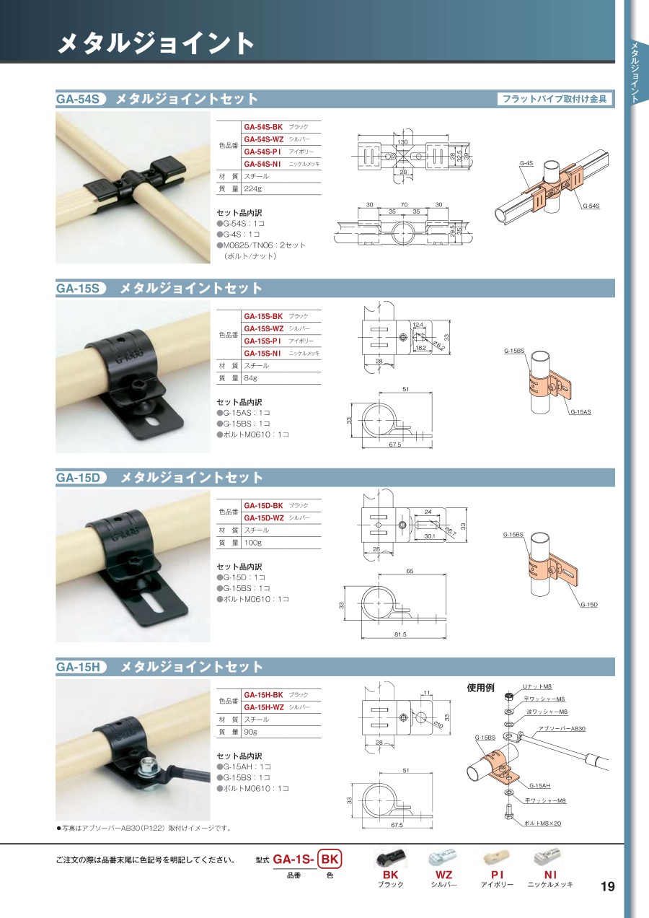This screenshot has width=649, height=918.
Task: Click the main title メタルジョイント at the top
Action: click(x=156, y=43)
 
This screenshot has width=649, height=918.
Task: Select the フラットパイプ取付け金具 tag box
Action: click(x=555, y=99)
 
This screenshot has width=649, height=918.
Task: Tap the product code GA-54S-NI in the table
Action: click(x=262, y=164)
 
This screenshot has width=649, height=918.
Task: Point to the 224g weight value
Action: click(x=252, y=188)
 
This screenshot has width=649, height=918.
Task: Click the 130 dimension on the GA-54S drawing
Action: click(x=402, y=141)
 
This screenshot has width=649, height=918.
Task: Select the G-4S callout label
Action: click(x=526, y=163)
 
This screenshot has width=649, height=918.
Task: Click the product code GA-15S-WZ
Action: click(x=264, y=328)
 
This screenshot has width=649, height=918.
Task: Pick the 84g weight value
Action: click(x=251, y=378)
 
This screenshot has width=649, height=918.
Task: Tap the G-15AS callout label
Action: click(x=580, y=412)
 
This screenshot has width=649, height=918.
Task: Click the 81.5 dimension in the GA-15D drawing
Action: click(x=400, y=634)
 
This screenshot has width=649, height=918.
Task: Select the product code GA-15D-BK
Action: click(x=263, y=506)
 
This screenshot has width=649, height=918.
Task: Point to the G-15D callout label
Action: click(x=589, y=605)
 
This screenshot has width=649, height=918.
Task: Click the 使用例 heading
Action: click(x=481, y=687)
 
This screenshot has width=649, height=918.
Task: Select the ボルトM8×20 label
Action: click(x=542, y=823)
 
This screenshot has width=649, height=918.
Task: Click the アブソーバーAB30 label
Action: click(x=562, y=729)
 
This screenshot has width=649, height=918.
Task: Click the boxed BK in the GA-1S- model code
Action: click(x=330, y=859)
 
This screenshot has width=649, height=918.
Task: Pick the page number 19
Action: click(x=608, y=886)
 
